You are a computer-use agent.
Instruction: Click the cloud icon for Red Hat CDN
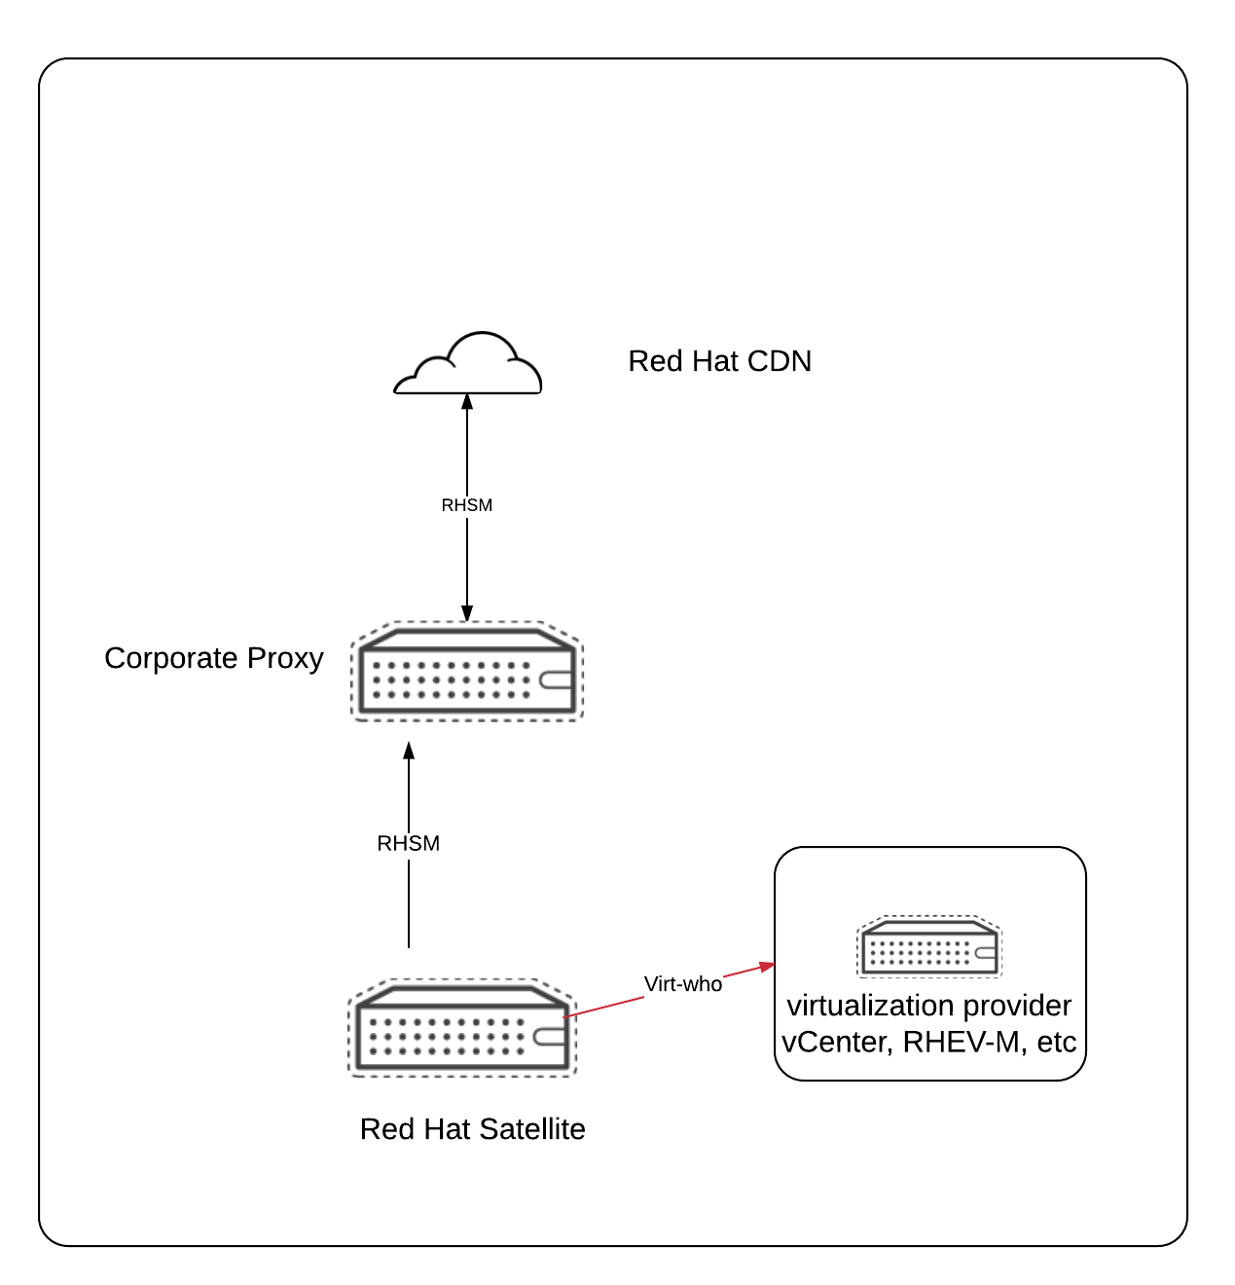pos(467,366)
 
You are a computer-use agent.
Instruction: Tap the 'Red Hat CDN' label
pos(719,361)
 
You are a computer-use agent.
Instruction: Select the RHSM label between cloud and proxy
pos(467,505)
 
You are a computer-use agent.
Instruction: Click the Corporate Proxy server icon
pos(467,672)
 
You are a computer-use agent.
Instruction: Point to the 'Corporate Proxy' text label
pos(214,658)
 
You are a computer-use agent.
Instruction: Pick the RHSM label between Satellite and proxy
pos(409,843)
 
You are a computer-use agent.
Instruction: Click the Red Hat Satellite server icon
pos(463,1028)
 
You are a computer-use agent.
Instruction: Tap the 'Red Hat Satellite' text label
pos(473,1129)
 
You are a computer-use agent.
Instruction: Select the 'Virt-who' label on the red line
pos(683,984)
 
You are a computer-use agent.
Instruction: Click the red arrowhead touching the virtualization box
pos(768,966)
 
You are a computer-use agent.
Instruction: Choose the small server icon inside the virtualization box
pos(929,946)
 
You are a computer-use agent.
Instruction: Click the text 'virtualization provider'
pos(929,1006)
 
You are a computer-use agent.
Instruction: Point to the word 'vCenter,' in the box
pos(837,1043)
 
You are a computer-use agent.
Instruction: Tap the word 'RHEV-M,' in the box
pos(965,1043)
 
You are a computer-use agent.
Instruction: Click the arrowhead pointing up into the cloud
pos(467,400)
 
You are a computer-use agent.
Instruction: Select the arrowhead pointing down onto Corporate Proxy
pos(467,613)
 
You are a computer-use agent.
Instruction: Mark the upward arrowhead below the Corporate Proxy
pos(409,751)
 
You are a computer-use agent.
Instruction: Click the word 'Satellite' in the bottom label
pos(532,1129)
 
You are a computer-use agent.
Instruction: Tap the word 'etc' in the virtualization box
pos(1057,1043)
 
